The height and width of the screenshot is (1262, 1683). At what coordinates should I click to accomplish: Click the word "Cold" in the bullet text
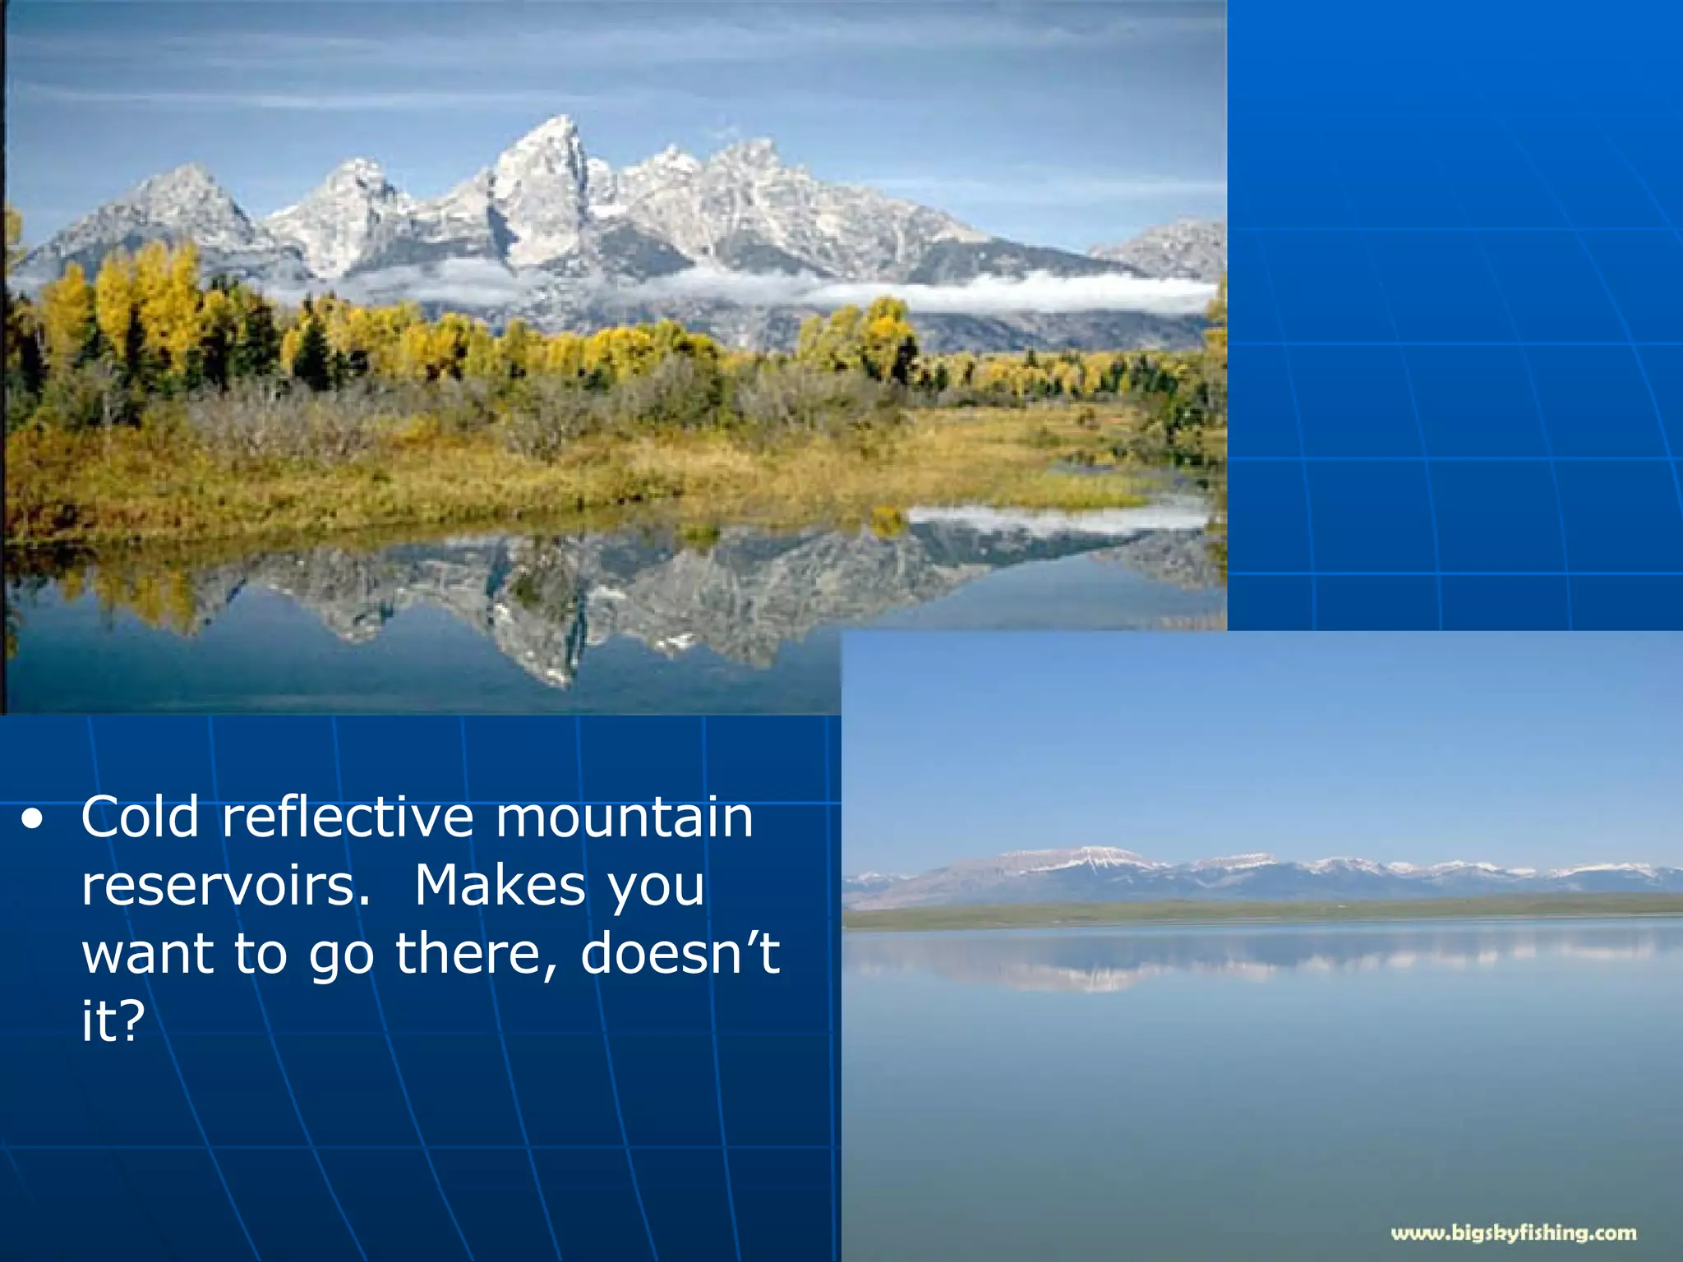[x=141, y=818]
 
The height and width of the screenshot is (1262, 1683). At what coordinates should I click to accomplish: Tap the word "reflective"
[x=348, y=818]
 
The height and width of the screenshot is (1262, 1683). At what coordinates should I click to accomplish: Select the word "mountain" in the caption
[x=625, y=819]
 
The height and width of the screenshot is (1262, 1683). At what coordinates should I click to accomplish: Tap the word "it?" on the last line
[x=113, y=1021]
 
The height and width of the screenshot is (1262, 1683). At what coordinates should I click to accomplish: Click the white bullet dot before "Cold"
[x=32, y=819]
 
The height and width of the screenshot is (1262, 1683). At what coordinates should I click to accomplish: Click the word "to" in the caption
[x=261, y=955]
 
